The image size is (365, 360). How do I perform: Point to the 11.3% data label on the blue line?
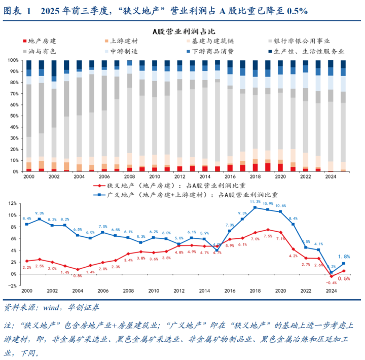pos(255,201)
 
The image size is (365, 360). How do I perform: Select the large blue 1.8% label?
pos(344,257)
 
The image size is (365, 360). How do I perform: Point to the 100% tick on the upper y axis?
pos(13,60)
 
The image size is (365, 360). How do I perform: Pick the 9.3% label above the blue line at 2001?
pos(40,213)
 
